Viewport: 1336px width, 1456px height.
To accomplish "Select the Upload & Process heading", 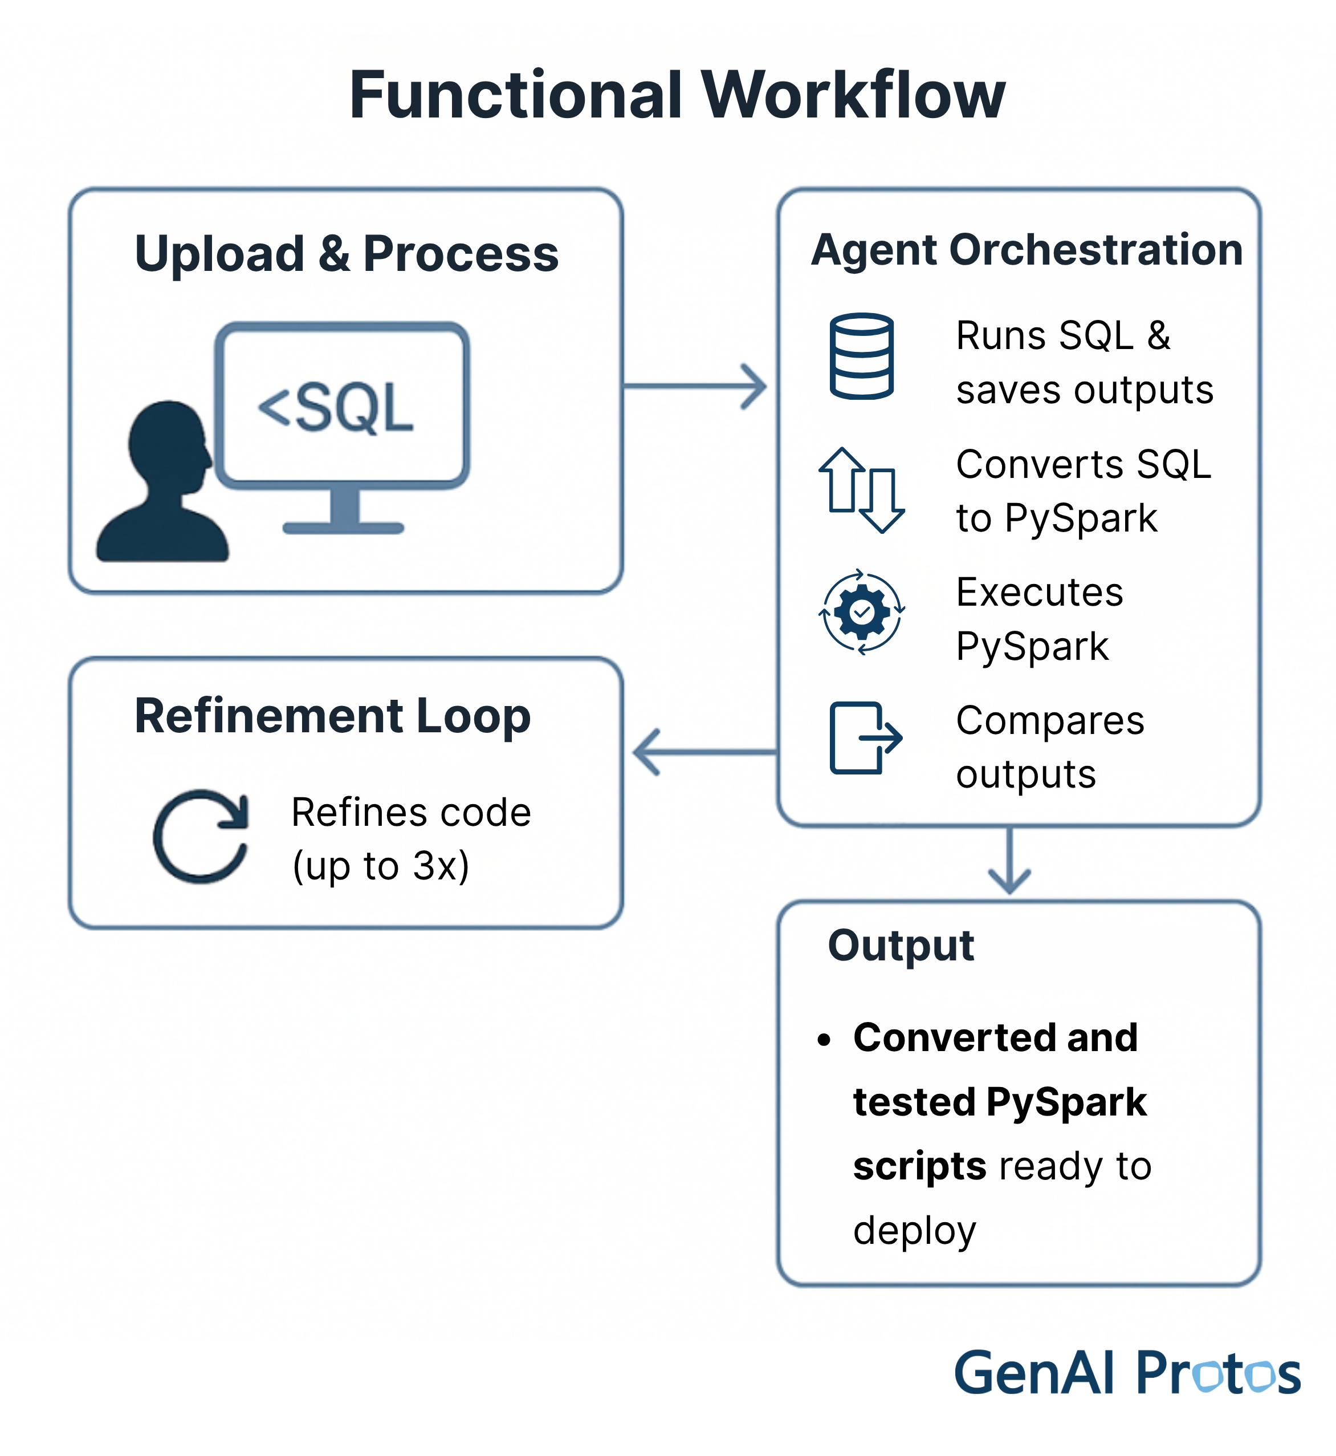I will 347,254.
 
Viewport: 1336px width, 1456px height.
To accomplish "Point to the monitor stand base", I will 343,528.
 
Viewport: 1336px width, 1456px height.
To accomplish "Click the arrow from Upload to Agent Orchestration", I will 694,386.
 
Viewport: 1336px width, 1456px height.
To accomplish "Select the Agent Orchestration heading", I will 1027,250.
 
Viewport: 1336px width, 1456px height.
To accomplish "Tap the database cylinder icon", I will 862,356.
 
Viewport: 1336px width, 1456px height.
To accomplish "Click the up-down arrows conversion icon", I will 861,490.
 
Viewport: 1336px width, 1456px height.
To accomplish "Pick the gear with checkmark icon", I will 862,613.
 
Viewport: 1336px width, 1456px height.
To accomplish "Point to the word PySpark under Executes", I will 1032,647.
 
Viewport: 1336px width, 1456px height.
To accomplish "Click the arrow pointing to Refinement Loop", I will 704,752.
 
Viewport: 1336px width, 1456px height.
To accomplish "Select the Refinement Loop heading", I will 332,716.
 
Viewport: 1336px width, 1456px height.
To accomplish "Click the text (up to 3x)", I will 381,866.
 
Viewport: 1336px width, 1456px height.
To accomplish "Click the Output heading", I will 901,946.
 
